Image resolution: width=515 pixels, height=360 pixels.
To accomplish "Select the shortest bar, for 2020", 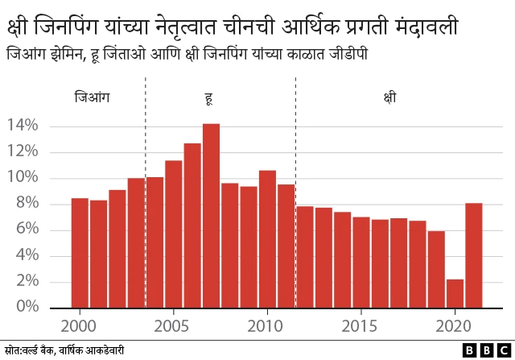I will click(455, 293).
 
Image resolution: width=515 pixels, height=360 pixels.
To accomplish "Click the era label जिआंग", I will click(92, 98).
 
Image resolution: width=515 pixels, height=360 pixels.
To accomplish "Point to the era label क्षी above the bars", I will click(389, 98).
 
